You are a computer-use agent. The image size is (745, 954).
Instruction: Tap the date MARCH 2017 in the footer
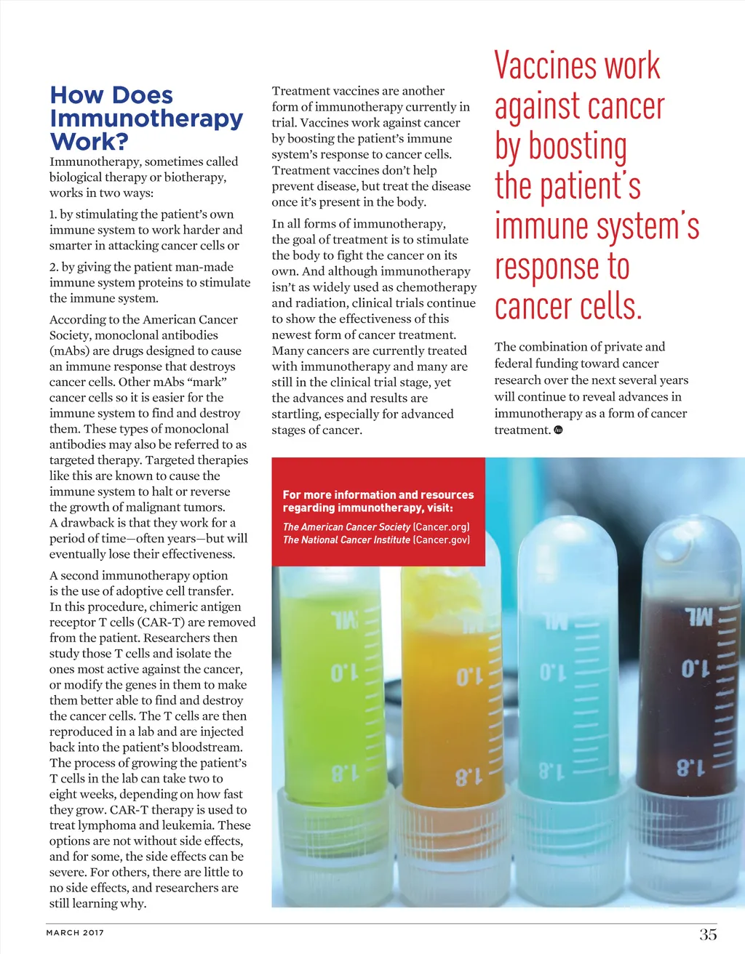click(75, 932)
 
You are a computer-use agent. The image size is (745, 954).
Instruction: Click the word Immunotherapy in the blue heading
click(146, 118)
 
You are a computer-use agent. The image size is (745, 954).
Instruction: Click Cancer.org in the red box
click(441, 526)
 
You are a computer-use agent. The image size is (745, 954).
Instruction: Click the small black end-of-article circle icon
click(558, 430)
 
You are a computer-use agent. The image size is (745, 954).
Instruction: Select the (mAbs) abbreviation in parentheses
click(68, 350)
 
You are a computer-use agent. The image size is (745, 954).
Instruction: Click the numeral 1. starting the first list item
click(53, 215)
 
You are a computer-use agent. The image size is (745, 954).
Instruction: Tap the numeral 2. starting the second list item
click(54, 267)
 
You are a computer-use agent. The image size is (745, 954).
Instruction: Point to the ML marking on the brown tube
click(699, 617)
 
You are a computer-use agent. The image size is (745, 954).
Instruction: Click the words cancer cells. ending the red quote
click(568, 307)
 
